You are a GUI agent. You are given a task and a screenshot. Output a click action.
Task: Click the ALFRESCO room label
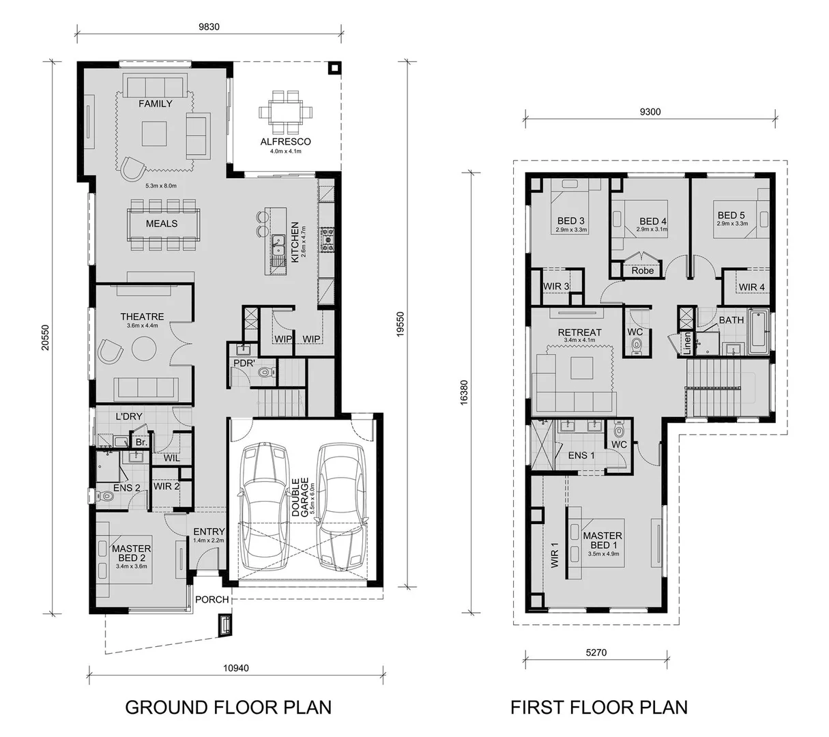tap(285, 142)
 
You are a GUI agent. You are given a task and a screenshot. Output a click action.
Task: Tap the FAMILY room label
tap(156, 104)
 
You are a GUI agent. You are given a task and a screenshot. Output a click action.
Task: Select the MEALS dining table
tap(162, 224)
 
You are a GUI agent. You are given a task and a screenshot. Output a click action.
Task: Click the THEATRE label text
tap(142, 317)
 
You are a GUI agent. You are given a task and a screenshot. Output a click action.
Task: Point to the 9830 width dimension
tap(209, 27)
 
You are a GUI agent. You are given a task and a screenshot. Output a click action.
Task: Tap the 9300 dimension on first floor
tap(650, 113)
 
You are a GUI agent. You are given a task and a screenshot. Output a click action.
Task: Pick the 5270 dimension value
tap(595, 652)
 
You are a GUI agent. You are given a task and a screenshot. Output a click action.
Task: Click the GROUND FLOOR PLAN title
tap(228, 707)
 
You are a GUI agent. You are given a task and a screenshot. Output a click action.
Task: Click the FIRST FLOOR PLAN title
tap(599, 707)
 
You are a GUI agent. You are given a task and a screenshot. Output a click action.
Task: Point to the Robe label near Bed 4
tap(642, 270)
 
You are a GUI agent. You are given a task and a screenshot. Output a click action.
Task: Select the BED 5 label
tap(731, 215)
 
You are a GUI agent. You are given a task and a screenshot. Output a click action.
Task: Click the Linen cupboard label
tap(687, 343)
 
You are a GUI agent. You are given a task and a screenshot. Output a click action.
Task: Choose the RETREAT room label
tap(579, 332)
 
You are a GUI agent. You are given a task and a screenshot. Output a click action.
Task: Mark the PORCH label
tap(212, 599)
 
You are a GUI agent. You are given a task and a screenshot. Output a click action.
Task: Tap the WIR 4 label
tap(751, 287)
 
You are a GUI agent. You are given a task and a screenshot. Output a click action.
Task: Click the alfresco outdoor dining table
tap(285, 113)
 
